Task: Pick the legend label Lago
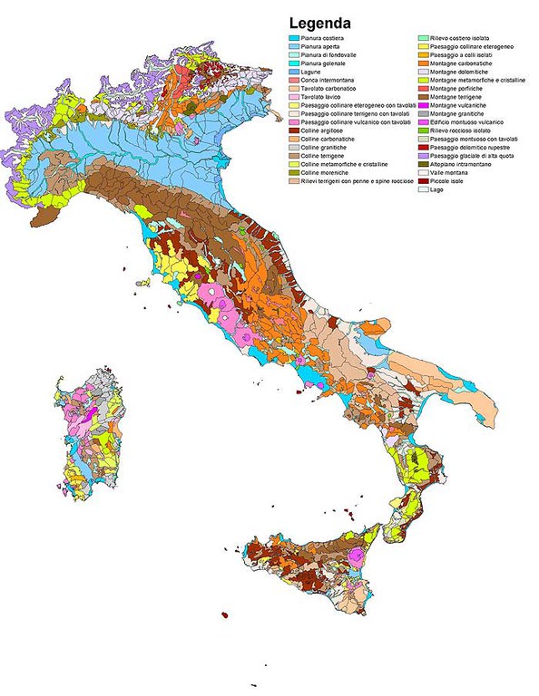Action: coord(439,188)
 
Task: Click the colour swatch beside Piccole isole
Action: coord(422,180)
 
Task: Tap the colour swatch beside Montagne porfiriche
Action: coord(422,88)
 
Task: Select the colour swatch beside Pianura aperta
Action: coord(293,46)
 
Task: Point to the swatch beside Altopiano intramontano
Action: coord(422,163)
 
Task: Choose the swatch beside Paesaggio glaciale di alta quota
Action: coord(422,155)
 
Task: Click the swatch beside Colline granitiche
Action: coord(293,147)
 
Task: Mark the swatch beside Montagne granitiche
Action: coord(422,113)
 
